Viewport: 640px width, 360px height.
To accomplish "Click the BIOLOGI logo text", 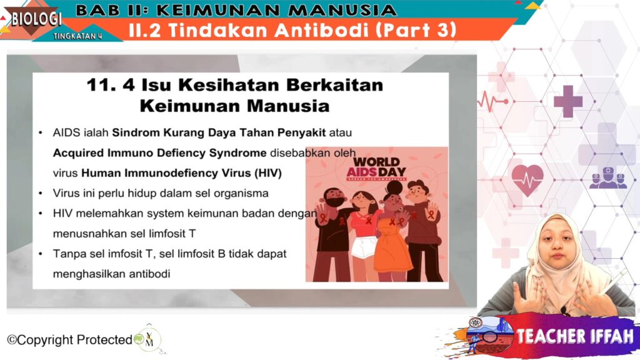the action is click(36, 19).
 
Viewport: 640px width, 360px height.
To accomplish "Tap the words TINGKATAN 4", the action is click(77, 36).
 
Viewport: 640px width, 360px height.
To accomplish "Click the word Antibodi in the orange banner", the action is click(321, 30).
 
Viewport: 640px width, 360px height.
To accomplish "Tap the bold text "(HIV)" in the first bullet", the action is click(268, 173).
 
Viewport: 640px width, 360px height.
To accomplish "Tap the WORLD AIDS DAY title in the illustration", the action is click(376, 167).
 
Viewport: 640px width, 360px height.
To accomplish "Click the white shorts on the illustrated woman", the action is click(364, 247).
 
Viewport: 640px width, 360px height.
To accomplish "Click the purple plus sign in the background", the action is click(567, 101).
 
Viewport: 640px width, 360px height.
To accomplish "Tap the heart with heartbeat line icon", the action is click(527, 180).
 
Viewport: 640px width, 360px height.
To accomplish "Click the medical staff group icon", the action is click(607, 178).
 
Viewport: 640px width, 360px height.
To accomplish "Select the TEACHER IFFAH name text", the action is click(575, 336).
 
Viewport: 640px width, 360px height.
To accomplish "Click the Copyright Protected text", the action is click(70, 339).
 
